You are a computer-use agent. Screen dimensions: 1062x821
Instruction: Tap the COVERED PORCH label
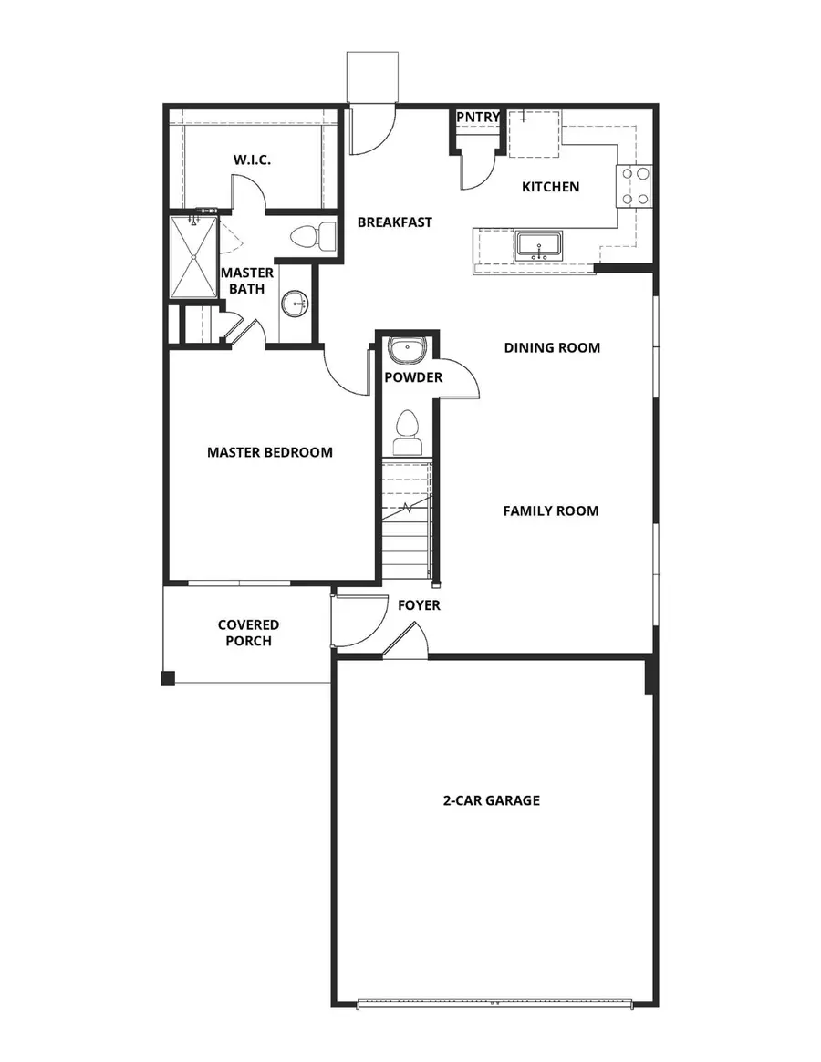248,633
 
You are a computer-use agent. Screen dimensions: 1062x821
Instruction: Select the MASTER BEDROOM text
269,452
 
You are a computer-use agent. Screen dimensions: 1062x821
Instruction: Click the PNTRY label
478,118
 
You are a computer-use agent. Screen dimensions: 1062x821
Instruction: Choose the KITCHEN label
550,187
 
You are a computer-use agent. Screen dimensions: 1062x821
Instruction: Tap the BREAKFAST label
394,222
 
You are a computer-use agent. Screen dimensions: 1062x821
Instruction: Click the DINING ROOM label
552,347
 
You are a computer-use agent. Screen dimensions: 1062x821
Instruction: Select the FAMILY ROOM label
551,511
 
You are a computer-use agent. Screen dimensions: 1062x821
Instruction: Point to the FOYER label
419,605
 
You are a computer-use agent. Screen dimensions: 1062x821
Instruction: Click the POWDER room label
413,377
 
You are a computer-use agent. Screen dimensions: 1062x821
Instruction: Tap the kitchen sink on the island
538,245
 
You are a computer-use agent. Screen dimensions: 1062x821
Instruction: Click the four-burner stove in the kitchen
635,186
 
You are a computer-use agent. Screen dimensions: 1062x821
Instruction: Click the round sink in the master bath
295,304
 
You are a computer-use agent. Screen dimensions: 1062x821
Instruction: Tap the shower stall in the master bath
194,257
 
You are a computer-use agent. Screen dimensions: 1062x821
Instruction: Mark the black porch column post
168,677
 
